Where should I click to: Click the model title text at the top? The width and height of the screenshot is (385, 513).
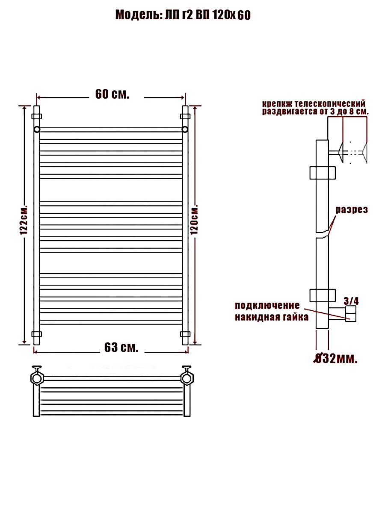[x=183, y=15]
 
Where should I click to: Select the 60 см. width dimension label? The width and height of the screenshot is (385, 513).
[x=112, y=94]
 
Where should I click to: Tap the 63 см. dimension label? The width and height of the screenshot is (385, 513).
[x=121, y=347]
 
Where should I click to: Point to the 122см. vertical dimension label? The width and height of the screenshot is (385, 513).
[x=24, y=220]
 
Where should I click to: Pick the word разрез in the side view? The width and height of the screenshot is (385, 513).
[x=352, y=210]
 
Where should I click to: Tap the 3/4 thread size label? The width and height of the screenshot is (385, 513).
[x=351, y=301]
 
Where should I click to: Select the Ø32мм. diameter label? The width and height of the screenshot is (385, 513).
[x=335, y=358]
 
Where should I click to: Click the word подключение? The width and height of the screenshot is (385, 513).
[x=267, y=306]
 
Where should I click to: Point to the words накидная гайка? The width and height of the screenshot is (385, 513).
[x=272, y=317]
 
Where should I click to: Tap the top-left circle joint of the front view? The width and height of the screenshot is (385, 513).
[x=37, y=129]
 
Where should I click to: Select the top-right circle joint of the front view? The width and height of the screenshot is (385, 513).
[x=185, y=129]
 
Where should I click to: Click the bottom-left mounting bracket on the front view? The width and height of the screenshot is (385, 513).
[x=37, y=334]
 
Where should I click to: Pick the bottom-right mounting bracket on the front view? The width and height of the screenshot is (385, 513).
[x=185, y=334]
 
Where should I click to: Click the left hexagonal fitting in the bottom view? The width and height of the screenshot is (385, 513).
[x=37, y=378]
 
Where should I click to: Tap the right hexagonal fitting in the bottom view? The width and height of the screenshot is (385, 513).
[x=187, y=378]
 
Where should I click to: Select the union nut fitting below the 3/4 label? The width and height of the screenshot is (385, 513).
[x=351, y=314]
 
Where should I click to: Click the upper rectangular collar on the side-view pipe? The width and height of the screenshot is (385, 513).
[x=323, y=173]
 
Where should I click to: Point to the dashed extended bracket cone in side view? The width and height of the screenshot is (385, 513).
[x=365, y=153]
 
